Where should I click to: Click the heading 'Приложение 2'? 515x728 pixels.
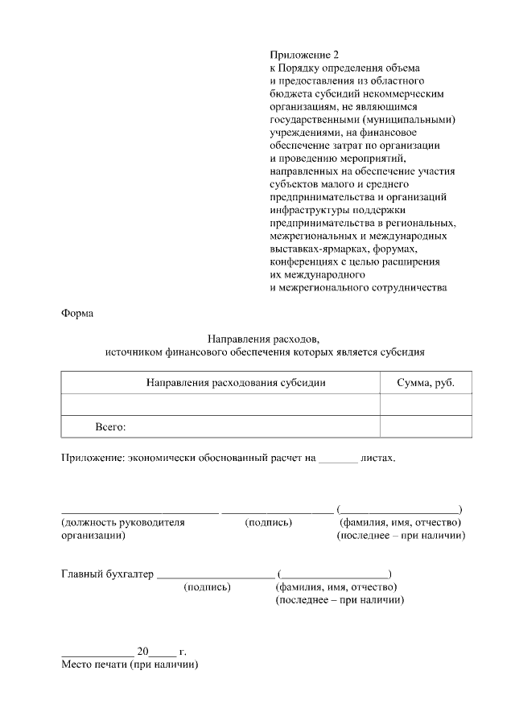pyautogui.click(x=301, y=56)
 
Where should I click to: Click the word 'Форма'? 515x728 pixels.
pyautogui.click(x=77, y=314)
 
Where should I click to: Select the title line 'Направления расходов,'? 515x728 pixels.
pyautogui.click(x=264, y=339)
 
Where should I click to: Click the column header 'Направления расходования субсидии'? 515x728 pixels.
pyautogui.click(x=236, y=383)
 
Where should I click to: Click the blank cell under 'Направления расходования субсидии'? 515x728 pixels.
pyautogui.click(x=220, y=405)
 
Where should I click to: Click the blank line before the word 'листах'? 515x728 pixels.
pyautogui.click(x=337, y=459)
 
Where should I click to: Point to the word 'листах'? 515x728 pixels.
pyautogui.click(x=378, y=458)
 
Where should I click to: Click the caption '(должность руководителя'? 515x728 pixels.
pyautogui.click(x=123, y=522)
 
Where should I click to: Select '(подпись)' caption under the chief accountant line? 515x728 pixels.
pyautogui.click(x=208, y=587)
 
